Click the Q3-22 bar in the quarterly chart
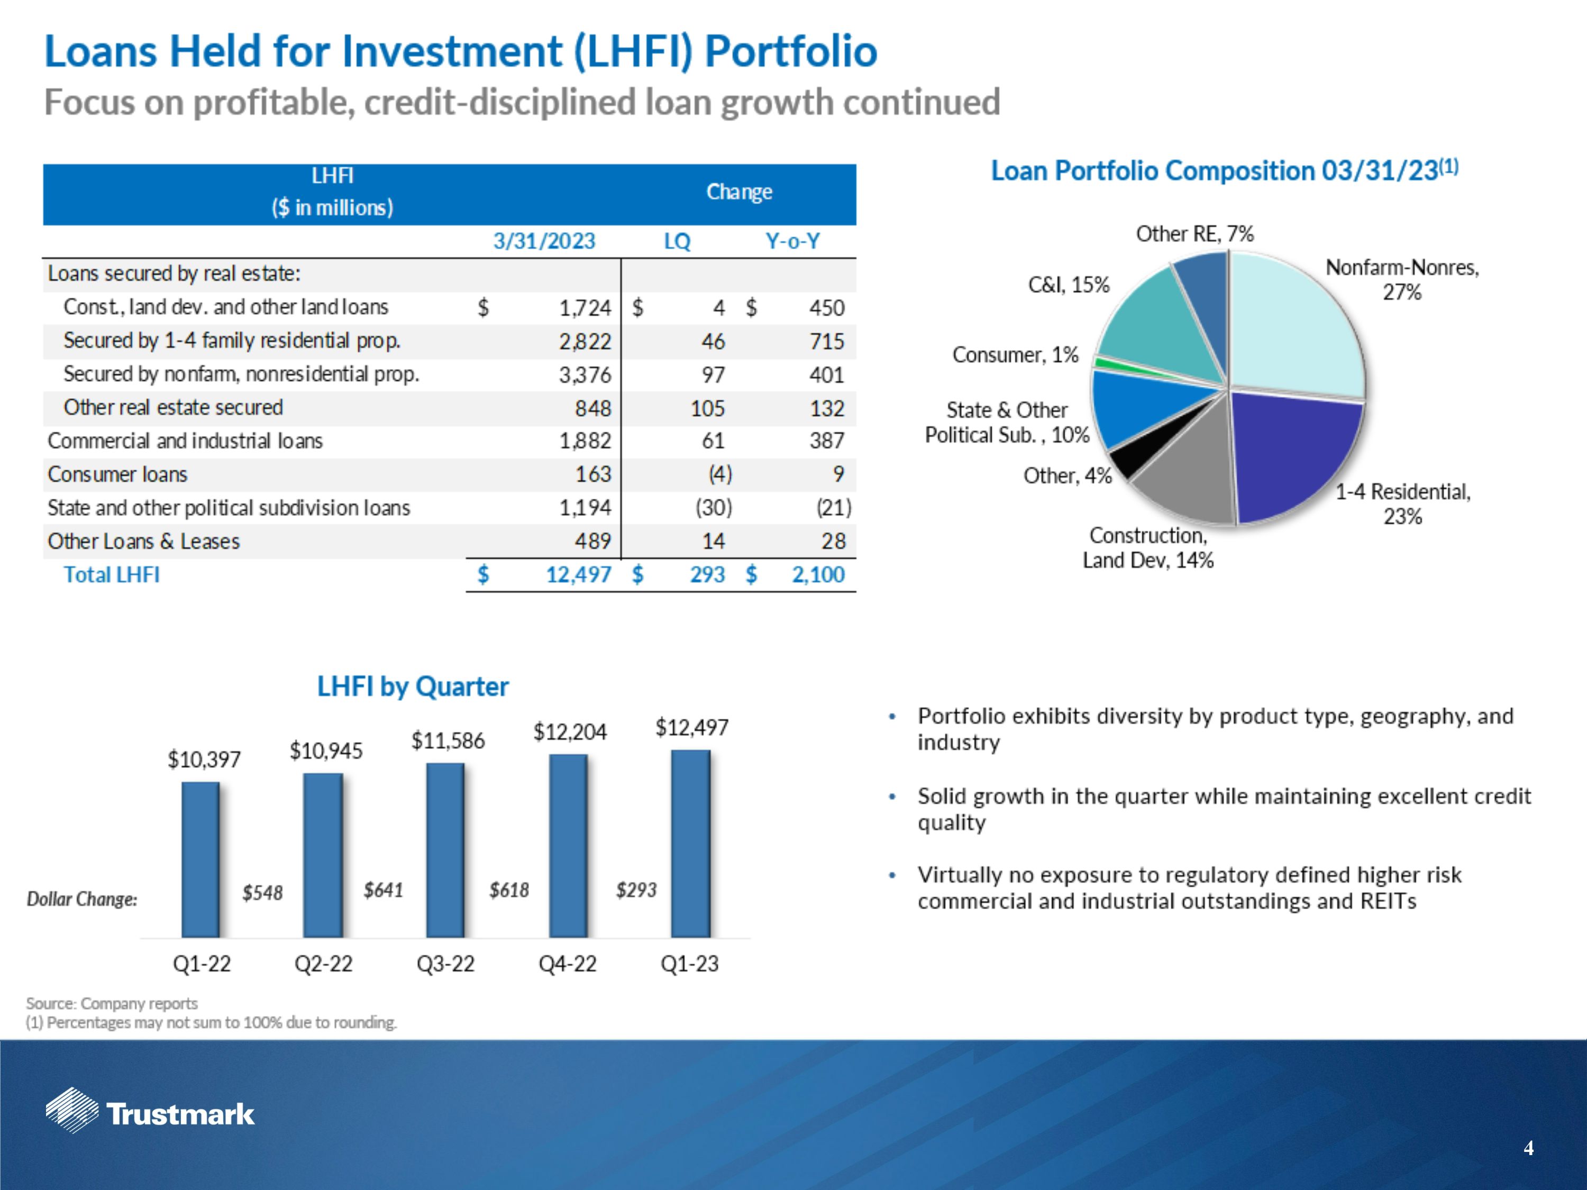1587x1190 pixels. point(445,850)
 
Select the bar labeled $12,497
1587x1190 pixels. point(690,844)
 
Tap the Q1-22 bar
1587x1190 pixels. point(201,859)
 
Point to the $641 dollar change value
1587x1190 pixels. point(383,890)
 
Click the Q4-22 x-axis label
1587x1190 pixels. point(568,963)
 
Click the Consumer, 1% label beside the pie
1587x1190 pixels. point(1015,354)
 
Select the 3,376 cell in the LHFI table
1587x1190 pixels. point(585,374)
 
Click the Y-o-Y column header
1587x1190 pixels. point(792,241)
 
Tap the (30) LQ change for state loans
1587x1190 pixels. point(713,508)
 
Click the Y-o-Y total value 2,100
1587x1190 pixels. point(818,574)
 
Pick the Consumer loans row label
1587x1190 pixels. point(117,474)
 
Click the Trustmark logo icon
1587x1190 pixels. point(72,1110)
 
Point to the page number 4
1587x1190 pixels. point(1528,1148)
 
